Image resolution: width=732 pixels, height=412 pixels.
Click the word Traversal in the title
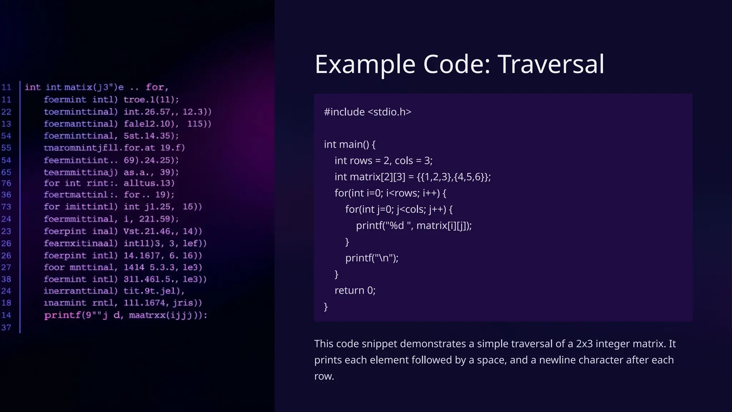tap(550, 64)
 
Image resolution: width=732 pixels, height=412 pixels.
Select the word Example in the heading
tap(365, 64)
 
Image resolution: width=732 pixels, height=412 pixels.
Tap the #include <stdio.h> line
tap(367, 112)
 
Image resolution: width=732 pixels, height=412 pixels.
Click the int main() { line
tap(350, 144)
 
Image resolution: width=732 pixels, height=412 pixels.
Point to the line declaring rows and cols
tap(383, 161)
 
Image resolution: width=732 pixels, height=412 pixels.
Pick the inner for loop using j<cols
tap(399, 209)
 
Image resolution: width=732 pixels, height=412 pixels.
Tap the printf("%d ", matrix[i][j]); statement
tap(414, 226)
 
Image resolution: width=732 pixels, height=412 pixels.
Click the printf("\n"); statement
tap(372, 258)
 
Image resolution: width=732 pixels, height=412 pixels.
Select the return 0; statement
tap(355, 290)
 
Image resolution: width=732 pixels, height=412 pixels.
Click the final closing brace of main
tap(326, 307)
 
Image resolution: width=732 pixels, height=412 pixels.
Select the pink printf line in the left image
tap(125, 315)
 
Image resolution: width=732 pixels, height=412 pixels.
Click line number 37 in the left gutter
tap(6, 328)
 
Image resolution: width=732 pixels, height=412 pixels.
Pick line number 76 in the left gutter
tap(6, 183)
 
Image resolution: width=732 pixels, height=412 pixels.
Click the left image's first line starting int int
tap(96, 87)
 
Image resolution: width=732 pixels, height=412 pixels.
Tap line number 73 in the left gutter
tap(6, 207)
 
